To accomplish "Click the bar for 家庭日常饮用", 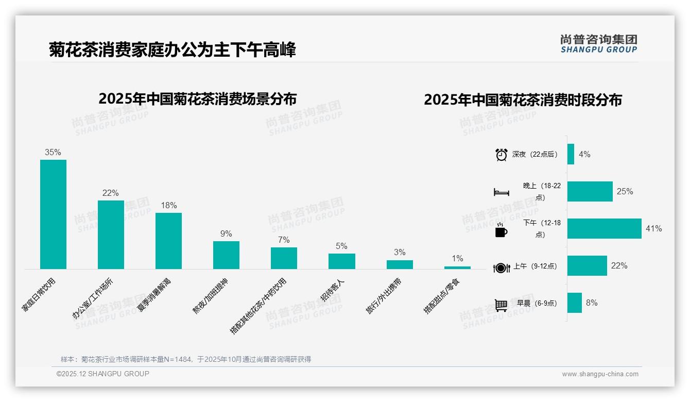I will (x=53, y=214).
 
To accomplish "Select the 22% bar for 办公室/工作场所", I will (x=111, y=234).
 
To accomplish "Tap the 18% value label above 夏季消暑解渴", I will (x=168, y=205).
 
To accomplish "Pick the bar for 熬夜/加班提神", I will (x=226, y=255).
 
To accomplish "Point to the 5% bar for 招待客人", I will (x=341, y=261).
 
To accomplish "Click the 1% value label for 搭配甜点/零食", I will (x=457, y=258).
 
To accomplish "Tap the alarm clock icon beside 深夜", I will (x=501, y=154).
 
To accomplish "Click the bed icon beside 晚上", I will (x=501, y=192).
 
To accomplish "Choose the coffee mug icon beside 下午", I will (x=501, y=230).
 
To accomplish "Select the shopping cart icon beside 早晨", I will (x=501, y=305).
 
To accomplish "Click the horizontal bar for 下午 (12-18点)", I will (x=604, y=228).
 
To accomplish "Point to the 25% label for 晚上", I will (x=625, y=191).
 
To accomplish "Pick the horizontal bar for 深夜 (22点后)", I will (x=571, y=154).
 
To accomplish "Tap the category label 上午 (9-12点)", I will (x=534, y=266).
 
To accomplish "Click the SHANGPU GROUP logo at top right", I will (x=598, y=43).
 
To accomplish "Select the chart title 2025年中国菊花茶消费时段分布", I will (x=523, y=99).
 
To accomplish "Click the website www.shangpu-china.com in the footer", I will (x=600, y=374).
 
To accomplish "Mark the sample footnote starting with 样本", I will (x=186, y=359).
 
